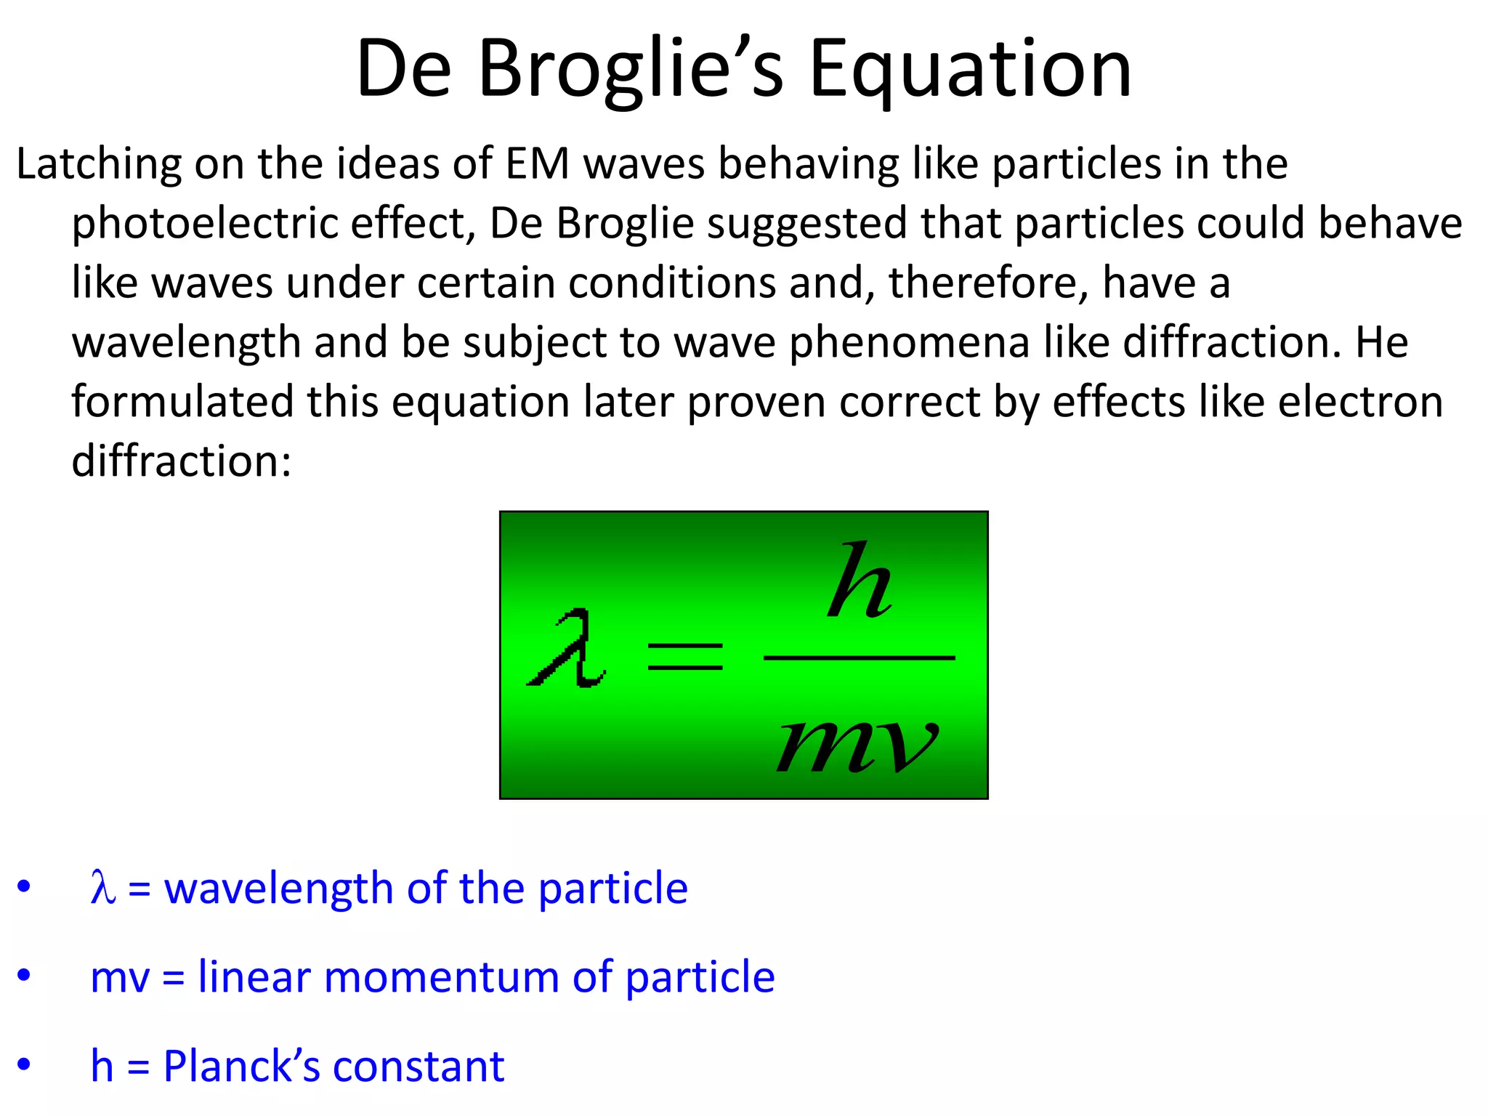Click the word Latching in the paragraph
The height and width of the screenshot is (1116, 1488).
click(98, 164)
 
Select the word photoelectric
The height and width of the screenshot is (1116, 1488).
click(204, 224)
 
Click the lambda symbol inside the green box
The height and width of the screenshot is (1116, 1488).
click(567, 649)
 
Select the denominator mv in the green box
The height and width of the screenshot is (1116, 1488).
click(857, 745)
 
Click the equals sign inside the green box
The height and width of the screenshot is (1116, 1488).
click(684, 656)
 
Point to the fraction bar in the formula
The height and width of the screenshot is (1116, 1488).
click(859, 658)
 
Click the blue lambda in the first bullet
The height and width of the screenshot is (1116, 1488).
click(102, 888)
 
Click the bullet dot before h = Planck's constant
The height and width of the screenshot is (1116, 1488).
click(24, 1064)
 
